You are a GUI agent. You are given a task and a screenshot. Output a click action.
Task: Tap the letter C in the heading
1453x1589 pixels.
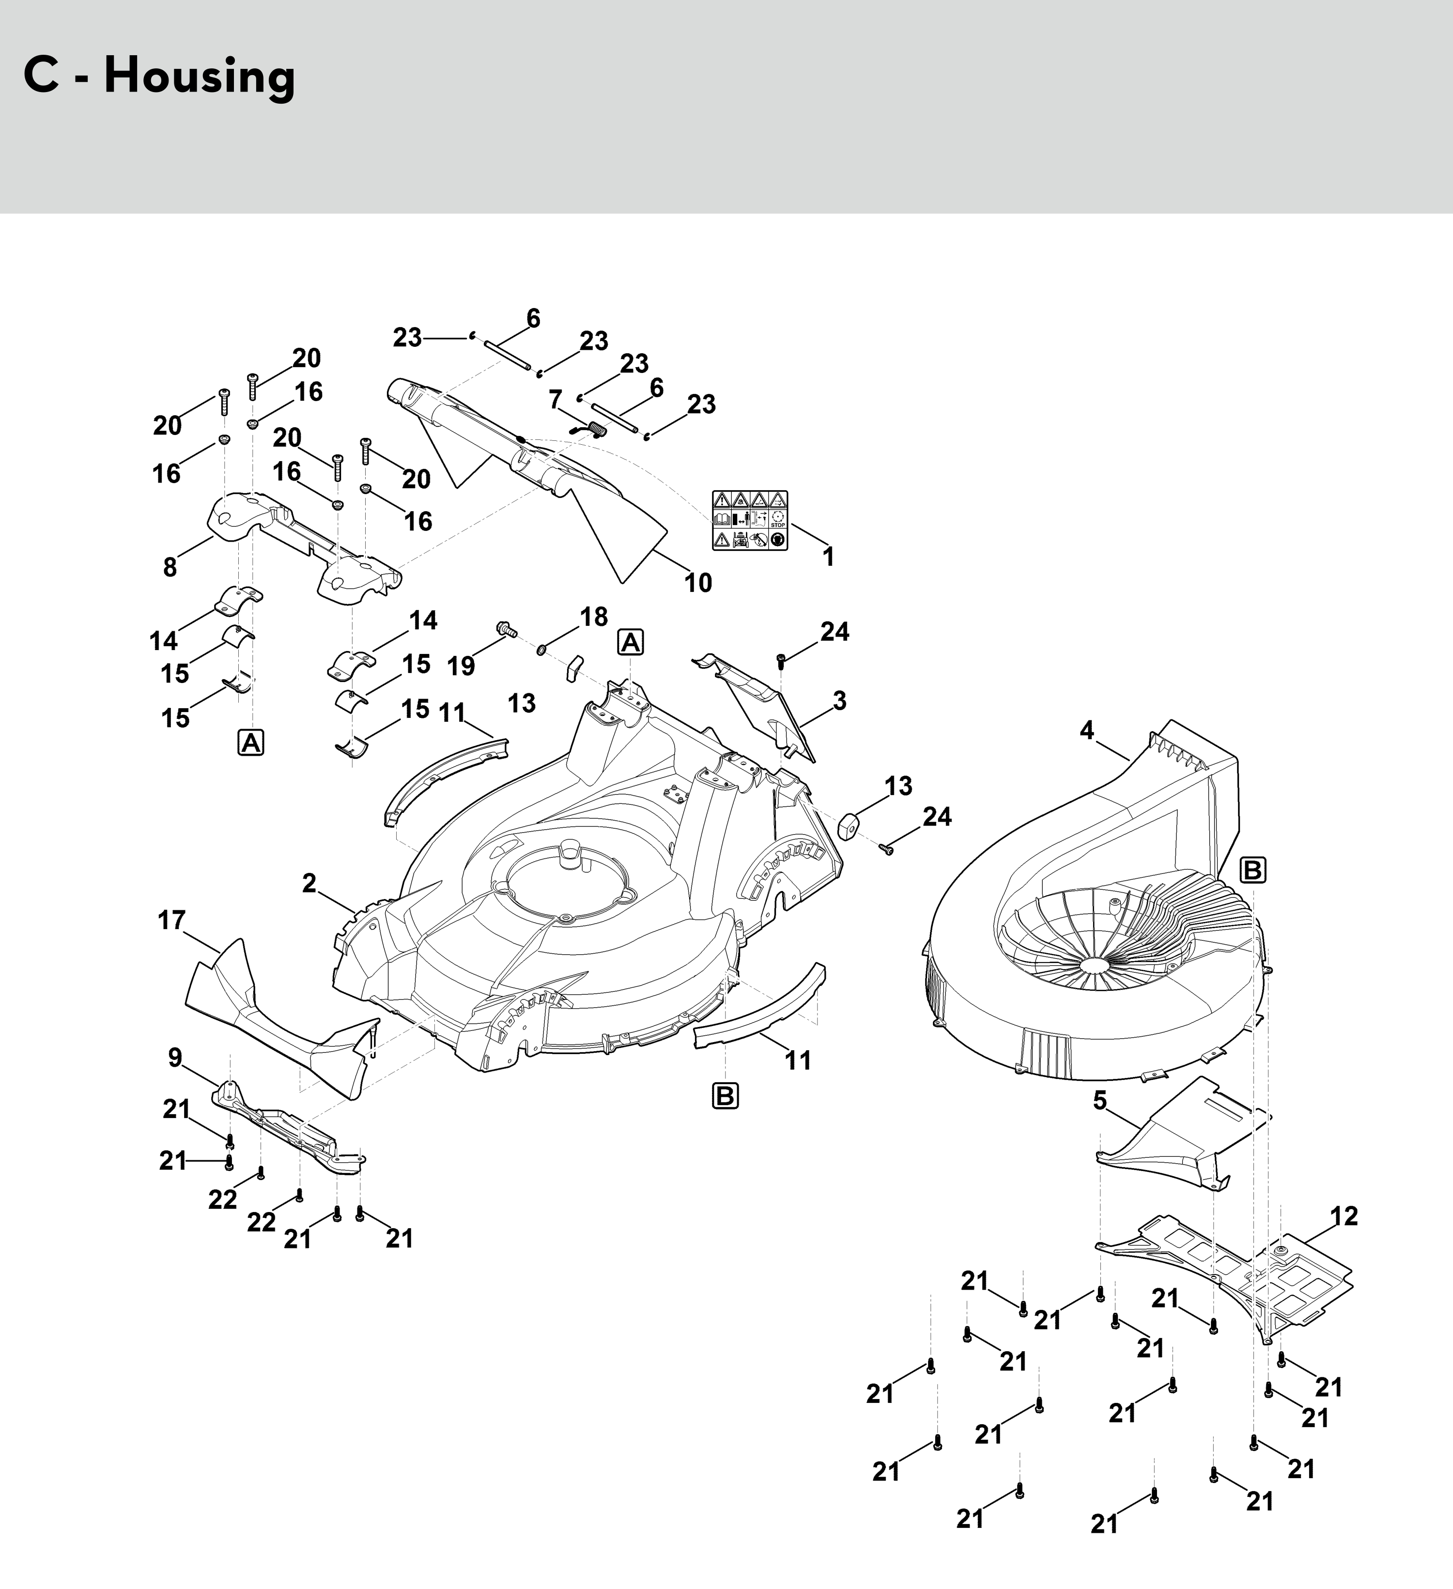(x=41, y=77)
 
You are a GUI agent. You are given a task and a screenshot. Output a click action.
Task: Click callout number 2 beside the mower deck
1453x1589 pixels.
(x=309, y=884)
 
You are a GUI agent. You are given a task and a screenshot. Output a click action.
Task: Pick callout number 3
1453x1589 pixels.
(x=840, y=700)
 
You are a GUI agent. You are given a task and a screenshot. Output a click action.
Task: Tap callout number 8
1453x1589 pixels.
(x=170, y=567)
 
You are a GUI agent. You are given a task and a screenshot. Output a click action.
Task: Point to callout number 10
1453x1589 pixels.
(x=698, y=583)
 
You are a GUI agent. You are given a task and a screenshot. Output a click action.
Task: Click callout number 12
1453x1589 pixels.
(x=1344, y=1216)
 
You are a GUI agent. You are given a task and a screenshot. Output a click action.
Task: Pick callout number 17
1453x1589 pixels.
(x=172, y=920)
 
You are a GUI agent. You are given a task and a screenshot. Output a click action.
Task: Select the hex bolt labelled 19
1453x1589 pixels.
(x=505, y=629)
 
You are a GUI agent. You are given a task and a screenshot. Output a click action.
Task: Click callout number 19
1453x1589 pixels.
(x=462, y=666)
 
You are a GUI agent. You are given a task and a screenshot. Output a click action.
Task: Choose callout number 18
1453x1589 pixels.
(x=594, y=616)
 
